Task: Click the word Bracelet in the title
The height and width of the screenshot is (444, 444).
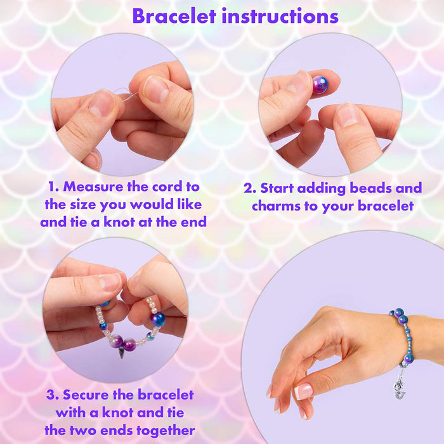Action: tap(174, 16)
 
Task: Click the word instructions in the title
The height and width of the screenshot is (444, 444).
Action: tap(280, 16)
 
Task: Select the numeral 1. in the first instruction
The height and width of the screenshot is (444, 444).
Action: tap(53, 186)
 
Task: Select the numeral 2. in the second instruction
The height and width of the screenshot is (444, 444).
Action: tap(250, 188)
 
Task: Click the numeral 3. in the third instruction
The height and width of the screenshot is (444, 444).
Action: tap(53, 395)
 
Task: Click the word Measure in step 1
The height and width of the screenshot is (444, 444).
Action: tap(93, 186)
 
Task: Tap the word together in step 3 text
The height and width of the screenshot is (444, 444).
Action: tap(166, 431)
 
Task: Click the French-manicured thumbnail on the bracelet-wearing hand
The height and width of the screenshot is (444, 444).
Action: tap(303, 391)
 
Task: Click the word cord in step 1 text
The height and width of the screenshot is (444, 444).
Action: tap(167, 186)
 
